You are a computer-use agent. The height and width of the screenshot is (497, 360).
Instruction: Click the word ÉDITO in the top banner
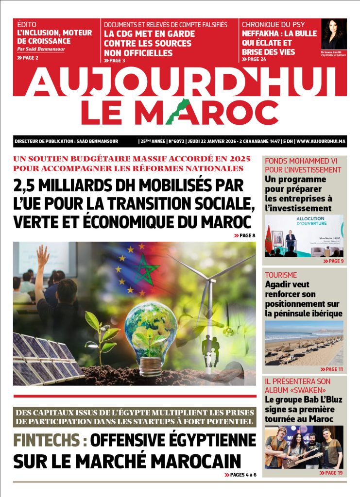[27, 24]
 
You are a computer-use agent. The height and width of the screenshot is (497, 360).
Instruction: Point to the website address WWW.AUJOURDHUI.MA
[321, 141]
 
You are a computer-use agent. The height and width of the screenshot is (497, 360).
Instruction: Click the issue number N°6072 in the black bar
[178, 141]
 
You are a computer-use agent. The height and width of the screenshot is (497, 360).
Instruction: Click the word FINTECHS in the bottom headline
[46, 440]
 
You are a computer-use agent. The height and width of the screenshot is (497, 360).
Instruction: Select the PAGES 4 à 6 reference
[240, 474]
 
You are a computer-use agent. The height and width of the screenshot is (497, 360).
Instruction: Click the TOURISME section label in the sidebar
[280, 275]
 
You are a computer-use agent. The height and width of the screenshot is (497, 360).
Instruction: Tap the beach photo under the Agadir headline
[304, 343]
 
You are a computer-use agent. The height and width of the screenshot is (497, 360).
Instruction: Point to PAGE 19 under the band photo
[331, 472]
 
